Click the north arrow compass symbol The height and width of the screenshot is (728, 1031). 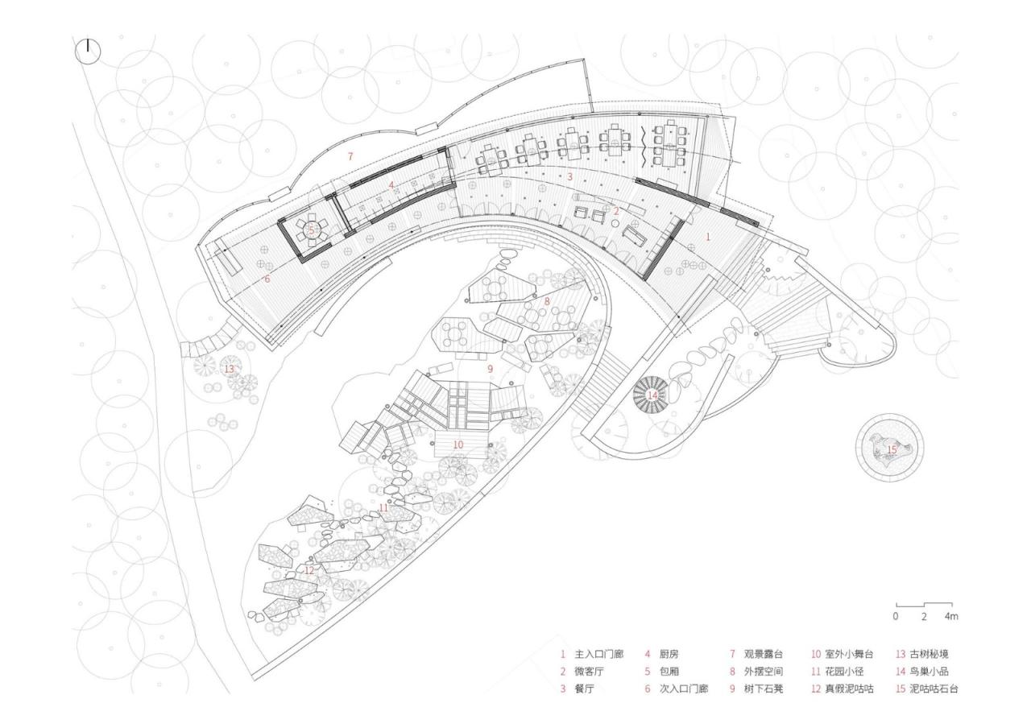(88, 52)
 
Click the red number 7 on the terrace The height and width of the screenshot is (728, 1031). (350, 156)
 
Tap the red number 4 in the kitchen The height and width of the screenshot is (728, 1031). (392, 184)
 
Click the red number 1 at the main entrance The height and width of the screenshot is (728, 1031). (709, 237)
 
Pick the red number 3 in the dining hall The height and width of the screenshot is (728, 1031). (570, 176)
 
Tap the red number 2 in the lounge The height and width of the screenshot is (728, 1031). (617, 211)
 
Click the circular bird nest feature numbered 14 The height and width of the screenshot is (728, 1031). (652, 395)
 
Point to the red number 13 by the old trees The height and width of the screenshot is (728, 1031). (229, 369)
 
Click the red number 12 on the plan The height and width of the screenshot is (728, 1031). (309, 570)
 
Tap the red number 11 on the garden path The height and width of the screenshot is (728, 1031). (384, 507)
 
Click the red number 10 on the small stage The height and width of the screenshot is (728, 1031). (458, 444)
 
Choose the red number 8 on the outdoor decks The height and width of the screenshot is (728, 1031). (548, 300)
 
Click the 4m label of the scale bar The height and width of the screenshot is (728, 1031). (951, 617)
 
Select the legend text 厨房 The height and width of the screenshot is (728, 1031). (669, 655)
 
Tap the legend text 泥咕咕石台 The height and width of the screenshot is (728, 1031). (934, 690)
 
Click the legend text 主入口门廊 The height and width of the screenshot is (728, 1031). (598, 655)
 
